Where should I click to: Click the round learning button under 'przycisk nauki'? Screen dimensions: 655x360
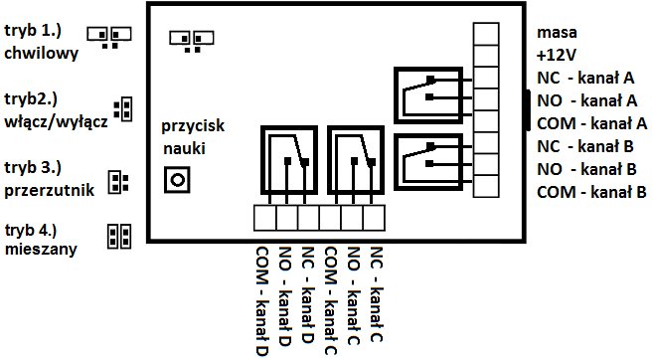[x=178, y=180]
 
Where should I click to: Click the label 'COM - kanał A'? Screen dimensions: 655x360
[x=591, y=122]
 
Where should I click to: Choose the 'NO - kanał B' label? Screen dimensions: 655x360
[x=586, y=168]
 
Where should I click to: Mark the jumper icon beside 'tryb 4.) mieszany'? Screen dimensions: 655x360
[x=118, y=235]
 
